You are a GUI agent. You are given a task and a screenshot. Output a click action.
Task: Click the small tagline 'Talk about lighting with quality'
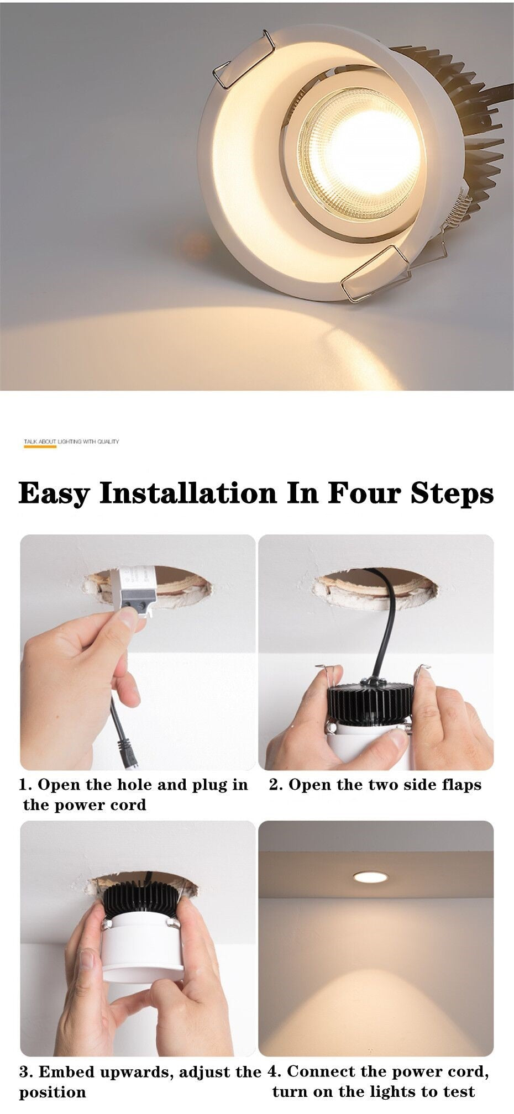pos(71,442)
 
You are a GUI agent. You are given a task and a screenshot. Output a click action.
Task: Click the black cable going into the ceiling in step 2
pos(387,624)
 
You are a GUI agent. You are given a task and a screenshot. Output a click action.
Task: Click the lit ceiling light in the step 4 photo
pos(370,877)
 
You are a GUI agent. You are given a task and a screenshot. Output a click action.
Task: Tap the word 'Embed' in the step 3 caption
pos(65,1073)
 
